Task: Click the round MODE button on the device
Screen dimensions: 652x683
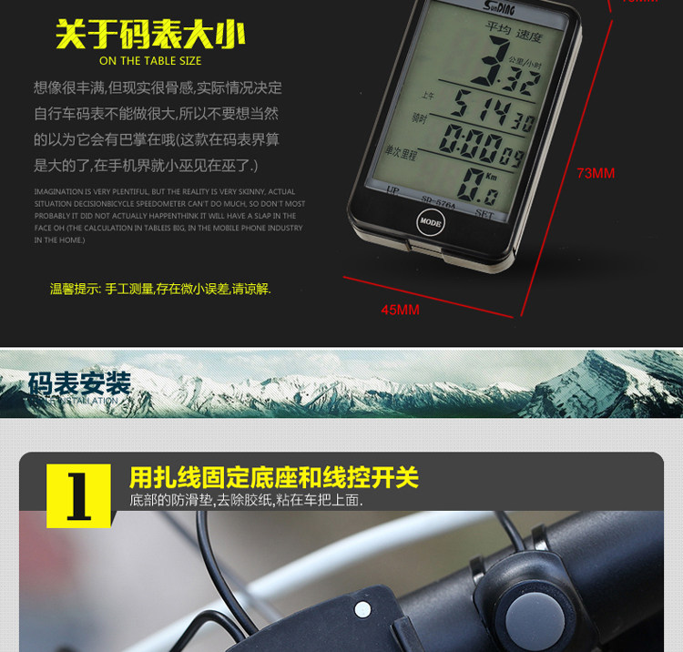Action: click(430, 221)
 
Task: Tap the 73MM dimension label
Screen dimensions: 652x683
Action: click(596, 173)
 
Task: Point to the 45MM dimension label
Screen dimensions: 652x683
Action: click(400, 310)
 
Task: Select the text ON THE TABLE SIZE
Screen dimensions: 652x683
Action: click(150, 61)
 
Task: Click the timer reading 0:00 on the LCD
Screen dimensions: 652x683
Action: click(486, 144)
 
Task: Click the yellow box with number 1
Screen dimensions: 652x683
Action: click(78, 495)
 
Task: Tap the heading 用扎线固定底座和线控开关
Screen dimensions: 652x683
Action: click(274, 478)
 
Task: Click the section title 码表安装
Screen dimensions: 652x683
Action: click(80, 383)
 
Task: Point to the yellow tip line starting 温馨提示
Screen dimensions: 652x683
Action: click(160, 289)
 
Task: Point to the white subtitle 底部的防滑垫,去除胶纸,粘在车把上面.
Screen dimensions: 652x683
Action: click(246, 500)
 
